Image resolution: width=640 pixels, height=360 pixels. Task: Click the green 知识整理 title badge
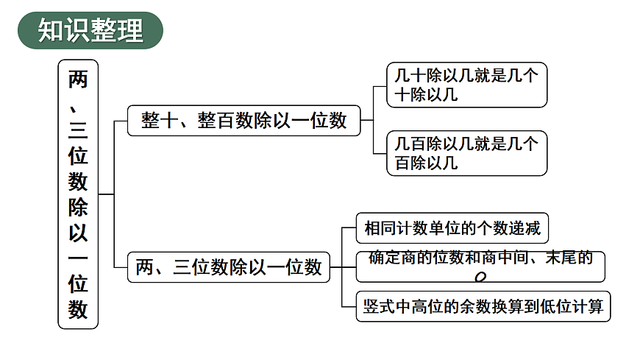(x=90, y=30)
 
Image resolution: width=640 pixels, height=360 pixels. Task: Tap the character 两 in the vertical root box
(x=78, y=79)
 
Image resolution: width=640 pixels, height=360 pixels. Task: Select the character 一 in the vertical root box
(x=78, y=258)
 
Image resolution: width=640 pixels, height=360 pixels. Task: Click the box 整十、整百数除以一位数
(x=243, y=121)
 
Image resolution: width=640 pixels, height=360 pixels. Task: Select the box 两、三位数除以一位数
(x=229, y=267)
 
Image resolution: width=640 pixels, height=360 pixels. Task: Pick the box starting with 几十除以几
(x=466, y=85)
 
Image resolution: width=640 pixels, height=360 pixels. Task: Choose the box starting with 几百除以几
(x=466, y=153)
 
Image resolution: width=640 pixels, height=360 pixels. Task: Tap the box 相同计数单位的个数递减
(x=452, y=228)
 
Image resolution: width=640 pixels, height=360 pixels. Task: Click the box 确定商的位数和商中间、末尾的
(x=480, y=266)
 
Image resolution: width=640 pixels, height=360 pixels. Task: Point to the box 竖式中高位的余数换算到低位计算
(x=483, y=306)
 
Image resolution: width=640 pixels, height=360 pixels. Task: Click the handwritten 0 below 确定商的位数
(x=481, y=277)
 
